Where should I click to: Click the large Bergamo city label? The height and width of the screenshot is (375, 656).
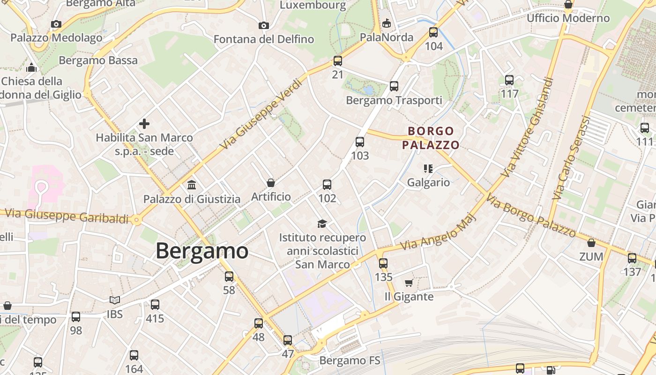pyautogui.click(x=201, y=251)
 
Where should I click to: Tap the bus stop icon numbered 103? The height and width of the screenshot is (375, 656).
pyautogui.click(x=360, y=142)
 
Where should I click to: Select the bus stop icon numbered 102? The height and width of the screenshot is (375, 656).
pyautogui.click(x=327, y=185)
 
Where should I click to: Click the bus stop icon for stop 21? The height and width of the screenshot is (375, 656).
pyautogui.click(x=338, y=61)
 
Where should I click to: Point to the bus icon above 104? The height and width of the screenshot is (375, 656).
pyautogui.click(x=433, y=32)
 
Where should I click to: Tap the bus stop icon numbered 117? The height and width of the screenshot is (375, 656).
pyautogui.click(x=509, y=80)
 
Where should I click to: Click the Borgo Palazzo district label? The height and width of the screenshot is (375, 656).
pyautogui.click(x=431, y=138)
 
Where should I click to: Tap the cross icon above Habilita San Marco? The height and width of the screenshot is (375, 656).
pyautogui.click(x=144, y=124)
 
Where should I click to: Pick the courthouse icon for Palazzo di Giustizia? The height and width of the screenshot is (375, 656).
pyautogui.click(x=191, y=185)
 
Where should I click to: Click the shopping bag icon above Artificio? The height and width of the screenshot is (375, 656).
pyautogui.click(x=270, y=183)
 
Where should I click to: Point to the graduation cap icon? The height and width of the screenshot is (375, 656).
pyautogui.click(x=322, y=224)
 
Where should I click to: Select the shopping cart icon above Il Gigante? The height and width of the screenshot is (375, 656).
pyautogui.click(x=409, y=283)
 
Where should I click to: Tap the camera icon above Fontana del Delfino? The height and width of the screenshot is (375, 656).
pyautogui.click(x=264, y=25)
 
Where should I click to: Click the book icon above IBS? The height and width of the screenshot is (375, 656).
pyautogui.click(x=114, y=300)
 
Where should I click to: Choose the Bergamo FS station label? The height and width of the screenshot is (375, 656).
pyautogui.click(x=350, y=360)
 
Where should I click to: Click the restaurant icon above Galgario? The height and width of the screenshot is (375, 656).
pyautogui.click(x=428, y=168)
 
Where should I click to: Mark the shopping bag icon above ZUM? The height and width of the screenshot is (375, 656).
pyautogui.click(x=591, y=243)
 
